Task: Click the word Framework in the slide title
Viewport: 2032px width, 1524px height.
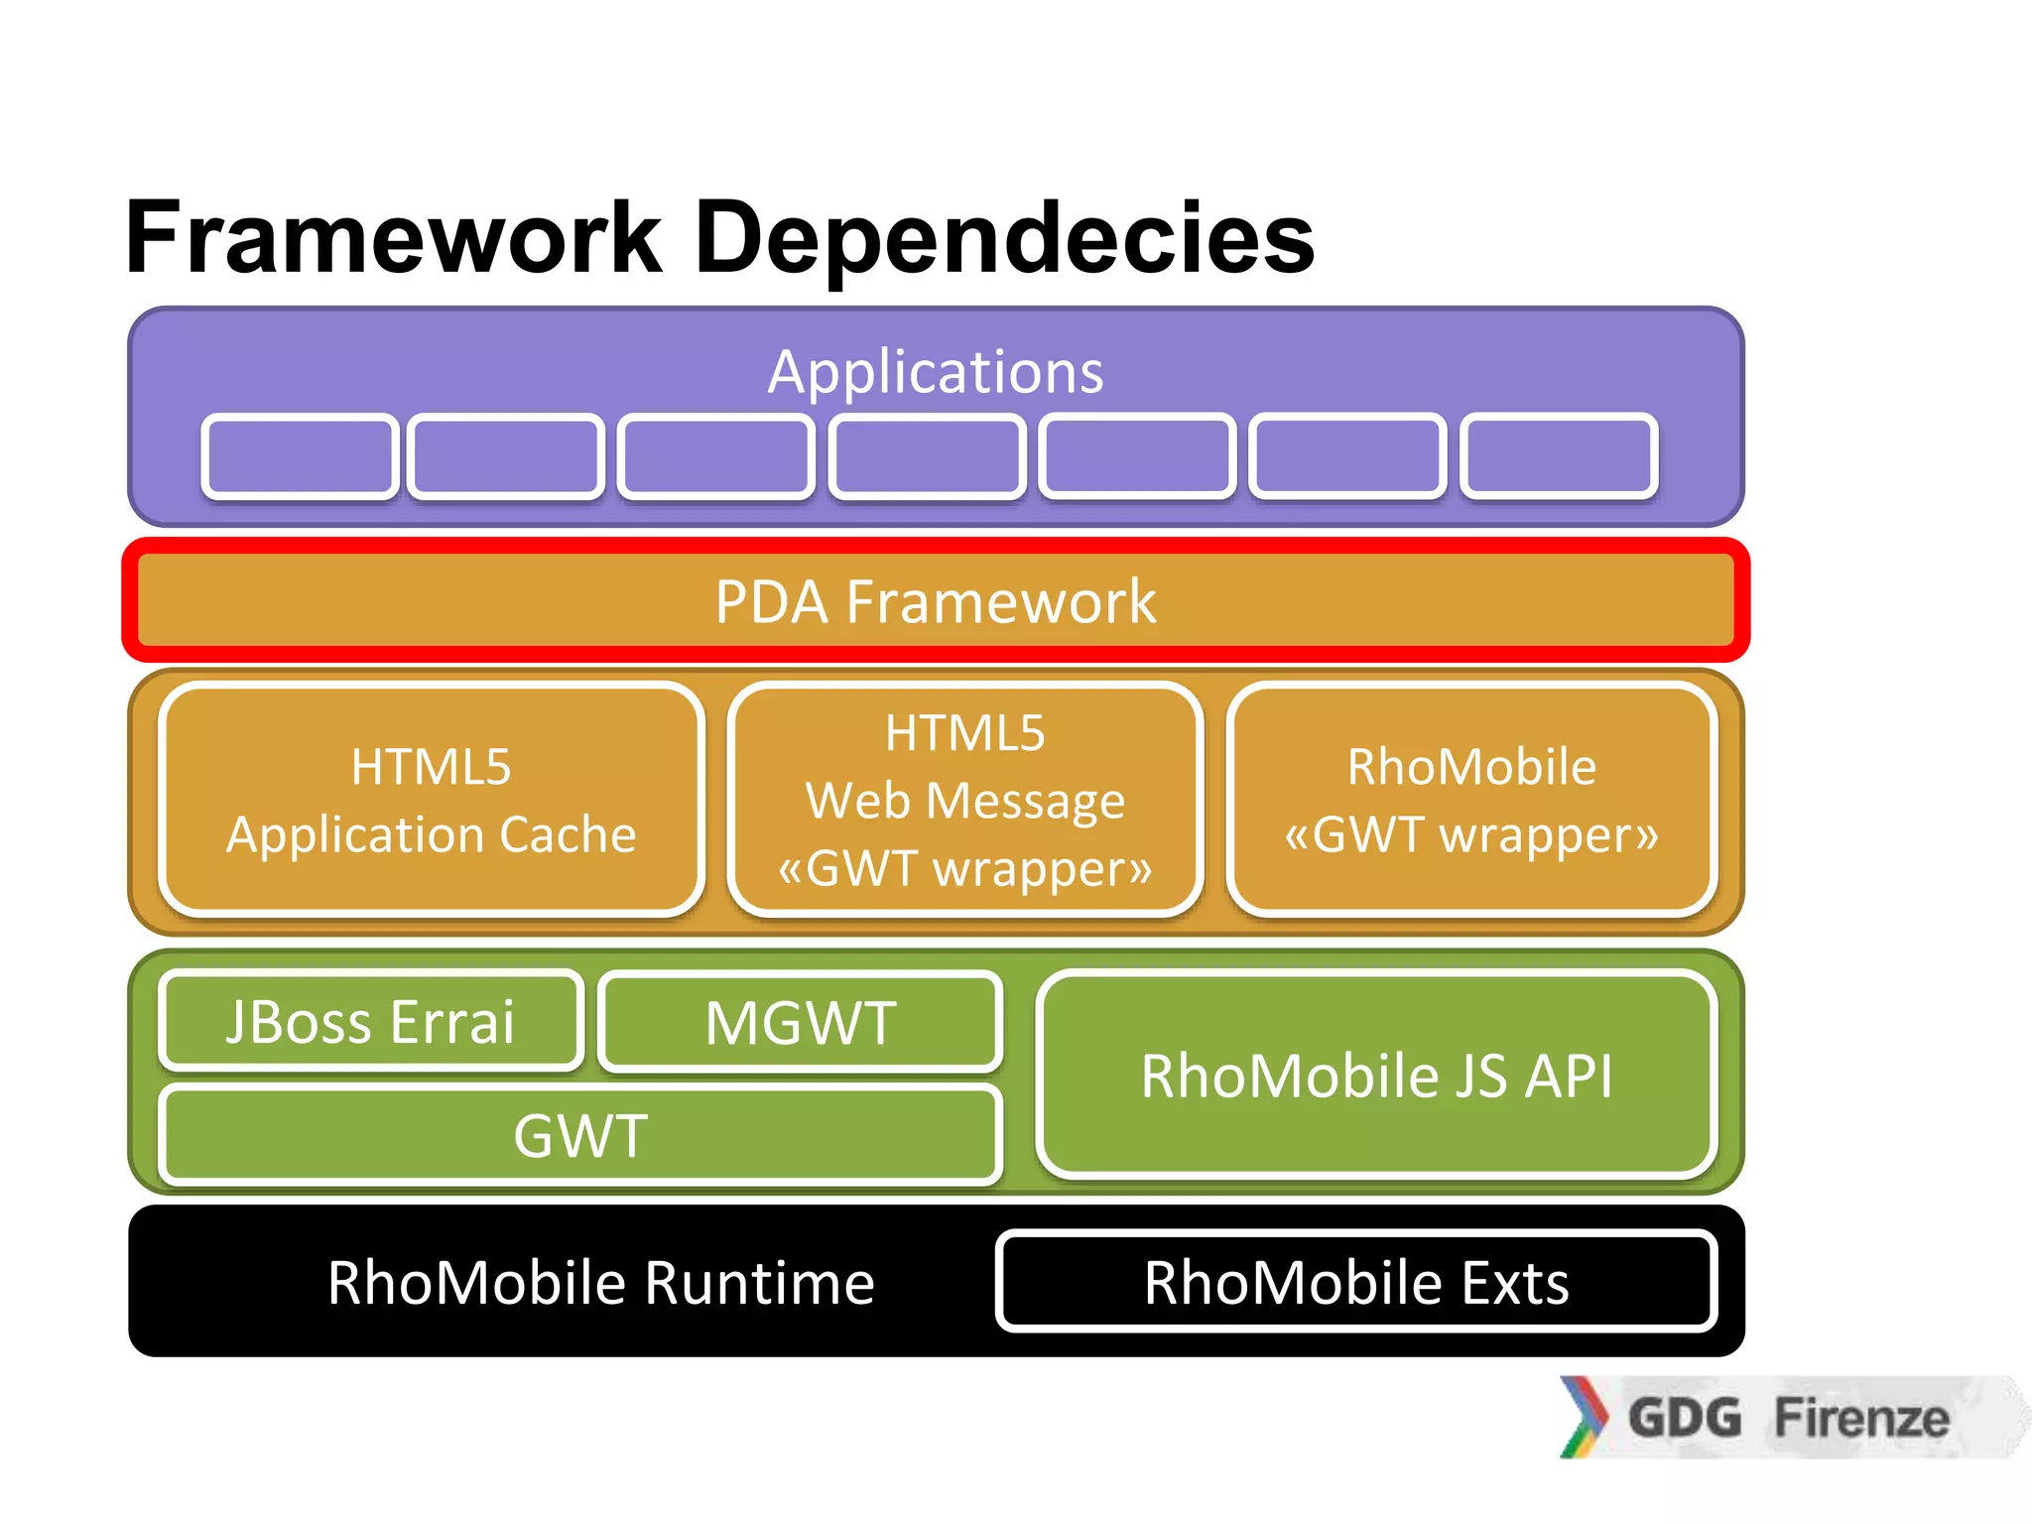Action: tap(394, 238)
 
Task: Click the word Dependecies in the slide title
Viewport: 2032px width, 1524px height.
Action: tap(1004, 238)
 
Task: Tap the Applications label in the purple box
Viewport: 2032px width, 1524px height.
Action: tap(935, 372)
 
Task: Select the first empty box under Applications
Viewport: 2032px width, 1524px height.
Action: tap(300, 456)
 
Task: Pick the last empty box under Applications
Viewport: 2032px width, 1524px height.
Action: tap(1559, 455)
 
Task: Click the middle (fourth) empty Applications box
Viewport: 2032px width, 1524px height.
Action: tap(928, 456)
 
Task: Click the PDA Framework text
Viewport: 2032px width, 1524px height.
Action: tap(935, 601)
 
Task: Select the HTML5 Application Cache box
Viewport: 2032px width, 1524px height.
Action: tap(432, 800)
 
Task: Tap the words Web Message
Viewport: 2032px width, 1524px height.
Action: tap(964, 800)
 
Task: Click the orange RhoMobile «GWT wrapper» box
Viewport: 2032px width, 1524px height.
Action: tap(1471, 800)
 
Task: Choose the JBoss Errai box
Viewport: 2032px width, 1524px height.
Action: tap(371, 1021)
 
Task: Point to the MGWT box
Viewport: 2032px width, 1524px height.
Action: tap(801, 1022)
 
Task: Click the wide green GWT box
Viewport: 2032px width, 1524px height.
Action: tap(580, 1135)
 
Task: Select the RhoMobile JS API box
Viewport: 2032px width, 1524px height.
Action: tap(1376, 1076)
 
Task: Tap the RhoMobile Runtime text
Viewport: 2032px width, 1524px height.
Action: tap(600, 1282)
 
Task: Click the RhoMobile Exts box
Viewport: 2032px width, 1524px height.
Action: tap(1356, 1282)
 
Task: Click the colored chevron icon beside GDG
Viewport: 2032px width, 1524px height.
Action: tap(1585, 1417)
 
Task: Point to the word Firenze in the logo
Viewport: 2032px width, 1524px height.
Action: tap(1861, 1417)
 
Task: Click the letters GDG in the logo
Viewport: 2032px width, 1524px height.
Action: tap(1685, 1417)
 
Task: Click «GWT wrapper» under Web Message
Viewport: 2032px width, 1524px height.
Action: tap(964, 868)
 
